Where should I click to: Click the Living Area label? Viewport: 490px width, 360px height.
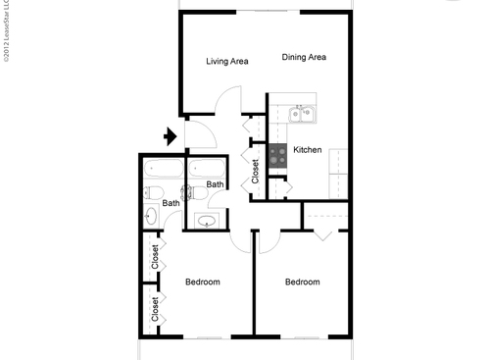coord(226,62)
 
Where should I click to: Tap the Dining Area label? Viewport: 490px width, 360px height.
coord(304,58)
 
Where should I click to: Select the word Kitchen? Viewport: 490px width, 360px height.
coord(308,150)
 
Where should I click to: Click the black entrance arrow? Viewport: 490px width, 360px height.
coord(170,136)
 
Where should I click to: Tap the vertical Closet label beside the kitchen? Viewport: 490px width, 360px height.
coord(256,173)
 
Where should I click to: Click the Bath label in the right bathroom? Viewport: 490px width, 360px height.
coord(215,184)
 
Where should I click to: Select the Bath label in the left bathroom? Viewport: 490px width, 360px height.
coord(171,203)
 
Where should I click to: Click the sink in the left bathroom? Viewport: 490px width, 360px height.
coord(153,217)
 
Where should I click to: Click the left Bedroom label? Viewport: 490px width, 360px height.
coord(203,283)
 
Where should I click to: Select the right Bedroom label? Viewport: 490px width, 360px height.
coord(302,283)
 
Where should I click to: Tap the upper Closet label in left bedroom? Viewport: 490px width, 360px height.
coord(155,258)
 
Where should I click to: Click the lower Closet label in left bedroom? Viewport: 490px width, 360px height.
coord(155,310)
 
